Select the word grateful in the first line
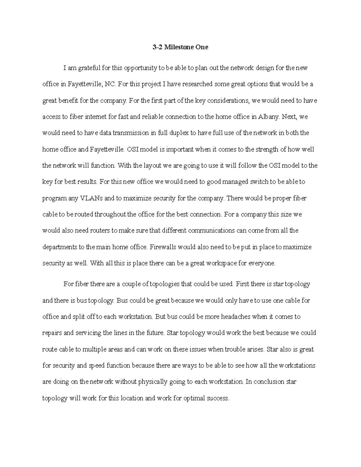click(89, 68)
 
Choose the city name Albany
click(268, 117)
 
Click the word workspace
click(221, 263)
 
